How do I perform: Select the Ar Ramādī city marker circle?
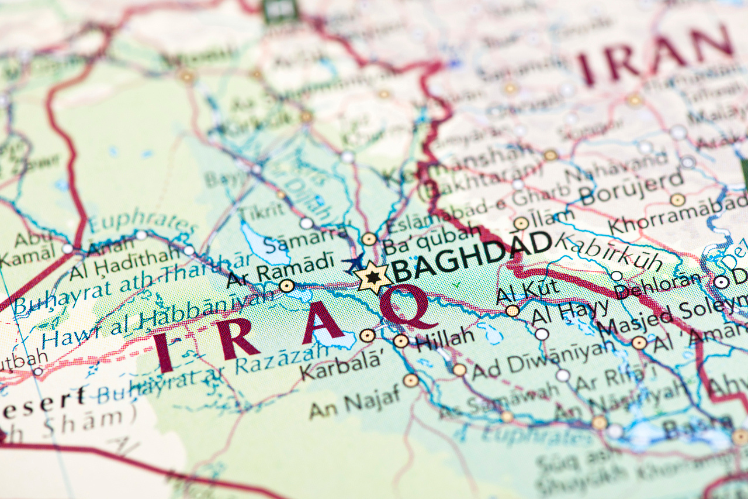286,285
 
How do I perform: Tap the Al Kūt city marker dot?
512,311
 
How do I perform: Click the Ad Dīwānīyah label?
543,357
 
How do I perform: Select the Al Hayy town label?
570,312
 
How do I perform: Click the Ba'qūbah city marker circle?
369,239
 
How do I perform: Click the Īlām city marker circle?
521,223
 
